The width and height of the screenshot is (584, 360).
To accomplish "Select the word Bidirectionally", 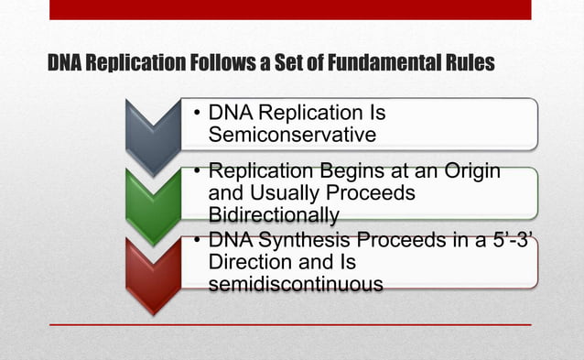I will click(274, 215).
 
